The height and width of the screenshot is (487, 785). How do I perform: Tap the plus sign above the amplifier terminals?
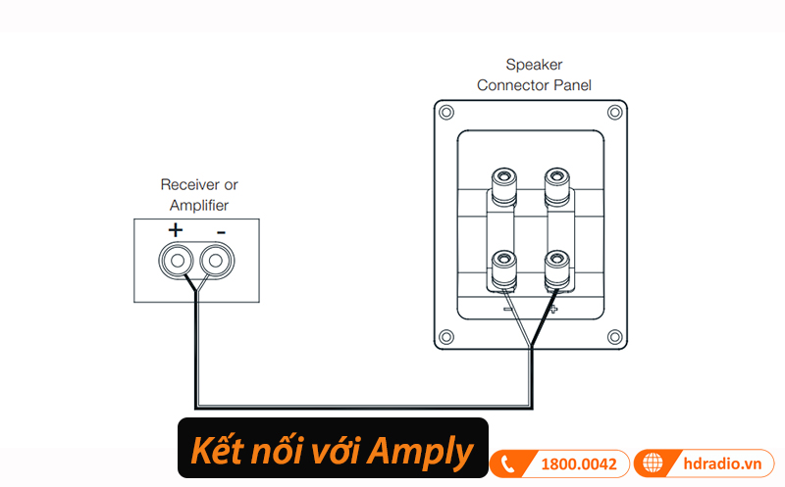[176, 231]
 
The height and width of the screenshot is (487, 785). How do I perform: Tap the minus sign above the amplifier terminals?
[221, 231]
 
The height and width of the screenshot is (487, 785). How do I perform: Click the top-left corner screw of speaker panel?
[446, 112]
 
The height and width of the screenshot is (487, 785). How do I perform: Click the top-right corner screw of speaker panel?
[614, 112]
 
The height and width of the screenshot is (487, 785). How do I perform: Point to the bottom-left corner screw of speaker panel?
[446, 337]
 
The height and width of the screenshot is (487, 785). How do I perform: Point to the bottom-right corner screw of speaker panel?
[614, 337]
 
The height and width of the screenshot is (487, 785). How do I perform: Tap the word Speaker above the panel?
[534, 65]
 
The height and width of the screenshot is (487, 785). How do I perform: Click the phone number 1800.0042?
[579, 463]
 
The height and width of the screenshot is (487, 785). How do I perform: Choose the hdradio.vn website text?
[720, 463]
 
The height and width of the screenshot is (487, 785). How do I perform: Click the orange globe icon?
[654, 463]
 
